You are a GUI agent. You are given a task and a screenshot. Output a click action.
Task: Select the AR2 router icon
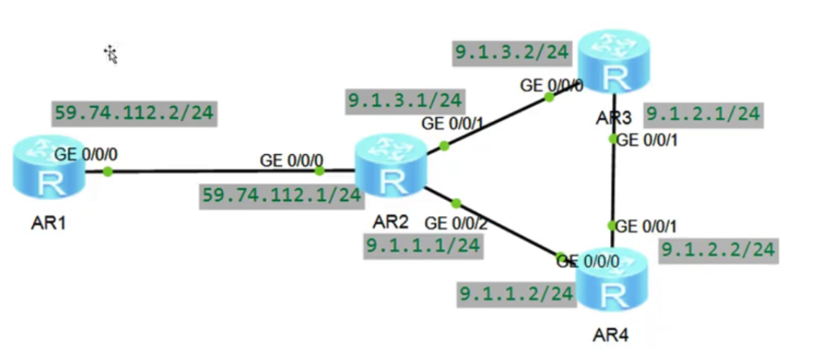pos(391,170)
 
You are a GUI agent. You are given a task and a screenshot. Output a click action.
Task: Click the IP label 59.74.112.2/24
pos(134,114)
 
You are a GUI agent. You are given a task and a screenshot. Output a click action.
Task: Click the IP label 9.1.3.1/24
pos(404,100)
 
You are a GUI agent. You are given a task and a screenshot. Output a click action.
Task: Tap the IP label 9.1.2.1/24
pos(702,114)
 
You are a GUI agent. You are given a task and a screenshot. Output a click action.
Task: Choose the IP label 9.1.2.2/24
pos(717,250)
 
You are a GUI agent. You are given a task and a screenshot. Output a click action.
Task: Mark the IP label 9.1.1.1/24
pos(422,245)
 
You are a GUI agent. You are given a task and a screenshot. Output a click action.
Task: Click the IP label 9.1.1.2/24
pos(516,293)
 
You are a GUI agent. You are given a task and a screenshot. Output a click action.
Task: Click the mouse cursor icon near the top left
pos(111,54)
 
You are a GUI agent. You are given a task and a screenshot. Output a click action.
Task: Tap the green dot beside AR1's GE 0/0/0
pos(107,171)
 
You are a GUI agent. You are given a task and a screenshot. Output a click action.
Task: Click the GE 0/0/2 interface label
pos(456,223)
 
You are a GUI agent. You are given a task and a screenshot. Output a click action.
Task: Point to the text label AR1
pos(49,223)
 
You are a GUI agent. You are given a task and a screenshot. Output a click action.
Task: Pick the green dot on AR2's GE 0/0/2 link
pos(456,204)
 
